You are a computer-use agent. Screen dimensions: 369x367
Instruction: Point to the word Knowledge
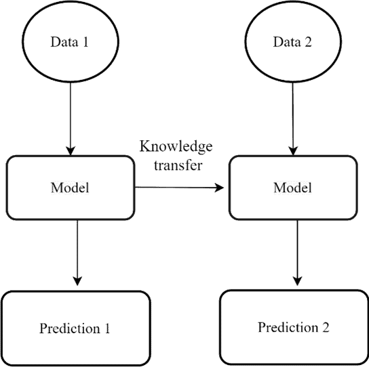[176, 147]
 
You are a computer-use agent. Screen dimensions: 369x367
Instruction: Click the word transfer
[178, 165]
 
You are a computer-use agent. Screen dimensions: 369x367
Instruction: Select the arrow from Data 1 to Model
[71, 119]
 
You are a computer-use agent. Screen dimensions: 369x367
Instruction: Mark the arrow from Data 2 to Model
[293, 119]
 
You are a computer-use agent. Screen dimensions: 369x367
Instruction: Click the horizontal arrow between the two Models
[179, 188]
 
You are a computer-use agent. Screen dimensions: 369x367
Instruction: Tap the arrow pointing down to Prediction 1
[77, 253]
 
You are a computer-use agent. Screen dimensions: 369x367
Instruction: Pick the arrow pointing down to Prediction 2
[298, 253]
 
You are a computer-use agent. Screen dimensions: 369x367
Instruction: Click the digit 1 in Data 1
[85, 42]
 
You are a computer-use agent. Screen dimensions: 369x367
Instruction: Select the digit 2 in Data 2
[308, 42]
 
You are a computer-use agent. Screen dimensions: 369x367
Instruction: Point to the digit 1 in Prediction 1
[107, 328]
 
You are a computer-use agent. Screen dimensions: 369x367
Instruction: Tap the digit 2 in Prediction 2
[326, 327]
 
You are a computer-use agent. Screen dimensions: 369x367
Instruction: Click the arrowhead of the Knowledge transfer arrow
[220, 188]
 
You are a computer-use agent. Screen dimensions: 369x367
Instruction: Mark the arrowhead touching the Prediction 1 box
[77, 281]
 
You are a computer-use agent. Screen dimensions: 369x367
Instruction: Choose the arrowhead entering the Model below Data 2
[293, 151]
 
